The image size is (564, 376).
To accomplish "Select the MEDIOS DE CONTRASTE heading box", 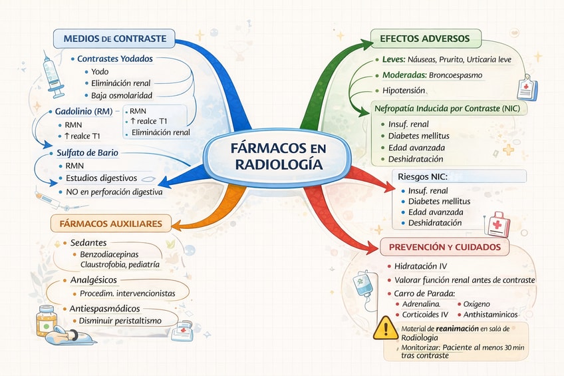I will (114, 38).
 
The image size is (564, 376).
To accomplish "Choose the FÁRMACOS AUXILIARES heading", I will (111, 223).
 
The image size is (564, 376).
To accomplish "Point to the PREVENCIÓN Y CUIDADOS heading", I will (445, 248).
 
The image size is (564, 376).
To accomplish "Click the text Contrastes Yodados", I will (115, 59).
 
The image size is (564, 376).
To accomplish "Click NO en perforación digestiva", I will (114, 192).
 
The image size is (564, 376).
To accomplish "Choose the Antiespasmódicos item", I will (104, 309).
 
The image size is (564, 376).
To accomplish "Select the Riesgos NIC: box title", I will (423, 177).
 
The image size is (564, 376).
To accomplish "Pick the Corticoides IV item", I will (426, 314).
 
